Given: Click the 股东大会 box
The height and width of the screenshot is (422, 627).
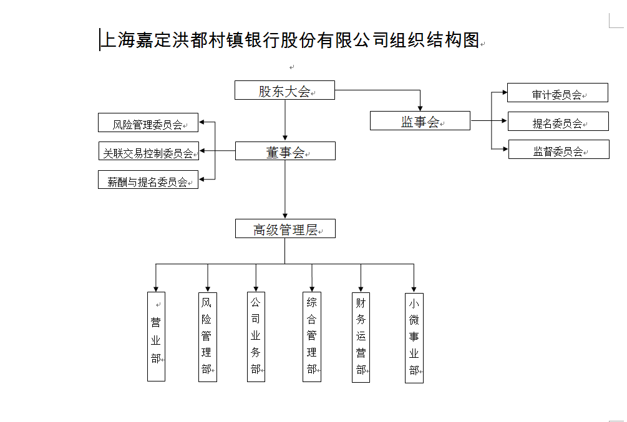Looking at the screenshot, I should pyautogui.click(x=284, y=90).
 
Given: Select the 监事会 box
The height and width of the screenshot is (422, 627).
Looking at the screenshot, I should pyautogui.click(x=420, y=121).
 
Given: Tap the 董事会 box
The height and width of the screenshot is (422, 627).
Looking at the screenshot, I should pyautogui.click(x=285, y=151).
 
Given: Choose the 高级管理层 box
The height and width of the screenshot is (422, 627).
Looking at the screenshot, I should pyautogui.click(x=285, y=229).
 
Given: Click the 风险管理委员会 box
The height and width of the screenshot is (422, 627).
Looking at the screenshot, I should pyautogui.click(x=148, y=123).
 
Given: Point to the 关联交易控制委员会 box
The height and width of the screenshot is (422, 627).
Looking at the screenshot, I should pyautogui.click(x=148, y=151).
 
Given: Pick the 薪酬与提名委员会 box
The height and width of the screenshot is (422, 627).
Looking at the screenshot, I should pyautogui.click(x=148, y=180).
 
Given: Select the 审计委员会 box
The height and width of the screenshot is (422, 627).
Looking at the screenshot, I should pyautogui.click(x=558, y=93).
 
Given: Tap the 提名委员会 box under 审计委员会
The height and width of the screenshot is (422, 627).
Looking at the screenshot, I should pyautogui.click(x=558, y=122).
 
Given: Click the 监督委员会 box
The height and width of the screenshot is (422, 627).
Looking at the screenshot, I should pyautogui.click(x=558, y=150).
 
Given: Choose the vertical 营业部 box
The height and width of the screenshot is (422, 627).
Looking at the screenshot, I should pyautogui.click(x=156, y=337).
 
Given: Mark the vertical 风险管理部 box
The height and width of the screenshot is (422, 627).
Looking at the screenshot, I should pyautogui.click(x=207, y=337).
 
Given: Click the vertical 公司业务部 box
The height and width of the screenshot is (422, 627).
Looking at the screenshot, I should pyautogui.click(x=256, y=337).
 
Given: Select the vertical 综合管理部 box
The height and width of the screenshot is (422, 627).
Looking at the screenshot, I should pyautogui.click(x=312, y=337).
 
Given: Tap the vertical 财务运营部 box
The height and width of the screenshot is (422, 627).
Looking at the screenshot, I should pyautogui.click(x=361, y=337).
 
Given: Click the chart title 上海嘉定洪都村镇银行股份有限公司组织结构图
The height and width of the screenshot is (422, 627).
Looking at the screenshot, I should pyautogui.click(x=289, y=40).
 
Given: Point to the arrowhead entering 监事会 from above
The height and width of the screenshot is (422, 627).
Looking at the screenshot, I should pyautogui.click(x=420, y=108).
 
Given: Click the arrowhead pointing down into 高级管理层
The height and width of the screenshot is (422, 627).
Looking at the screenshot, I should pyautogui.click(x=285, y=215).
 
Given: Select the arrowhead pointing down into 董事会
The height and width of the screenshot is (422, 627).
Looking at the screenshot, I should pyautogui.click(x=285, y=138).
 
